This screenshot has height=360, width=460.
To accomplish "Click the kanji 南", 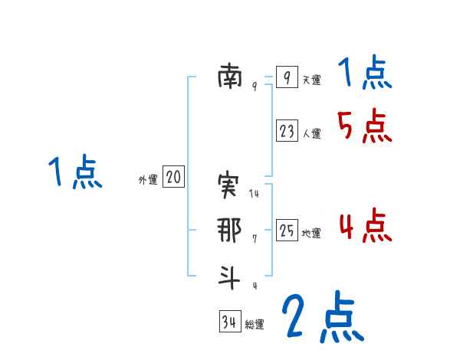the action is coord(229,77).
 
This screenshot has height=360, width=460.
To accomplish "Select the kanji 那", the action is coord(229,231).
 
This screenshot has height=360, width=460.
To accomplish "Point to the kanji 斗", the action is coord(229,277).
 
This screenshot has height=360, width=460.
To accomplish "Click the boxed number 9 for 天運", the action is coord(286,77).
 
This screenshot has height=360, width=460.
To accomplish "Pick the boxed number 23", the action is coord(286,132).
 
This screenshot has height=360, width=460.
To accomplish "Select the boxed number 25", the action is coord(286,231).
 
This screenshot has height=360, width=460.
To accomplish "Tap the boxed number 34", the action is coord(229,322).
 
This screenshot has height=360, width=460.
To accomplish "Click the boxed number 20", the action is coord(173,178).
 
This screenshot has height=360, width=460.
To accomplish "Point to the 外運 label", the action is coord(148,180).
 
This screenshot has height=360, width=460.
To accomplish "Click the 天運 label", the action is coord(311,80).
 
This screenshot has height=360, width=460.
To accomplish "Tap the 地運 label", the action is coord(311,233).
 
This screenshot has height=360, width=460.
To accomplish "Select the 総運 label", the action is coord(255,325).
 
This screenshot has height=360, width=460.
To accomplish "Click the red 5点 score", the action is coord(364,126).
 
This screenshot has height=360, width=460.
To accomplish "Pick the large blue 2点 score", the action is coord(322,317).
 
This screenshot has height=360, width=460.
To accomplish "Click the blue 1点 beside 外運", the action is coord(74,173).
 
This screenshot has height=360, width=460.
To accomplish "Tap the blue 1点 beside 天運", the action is coord(364,74).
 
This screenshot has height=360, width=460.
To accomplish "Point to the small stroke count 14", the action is coord(255,195).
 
